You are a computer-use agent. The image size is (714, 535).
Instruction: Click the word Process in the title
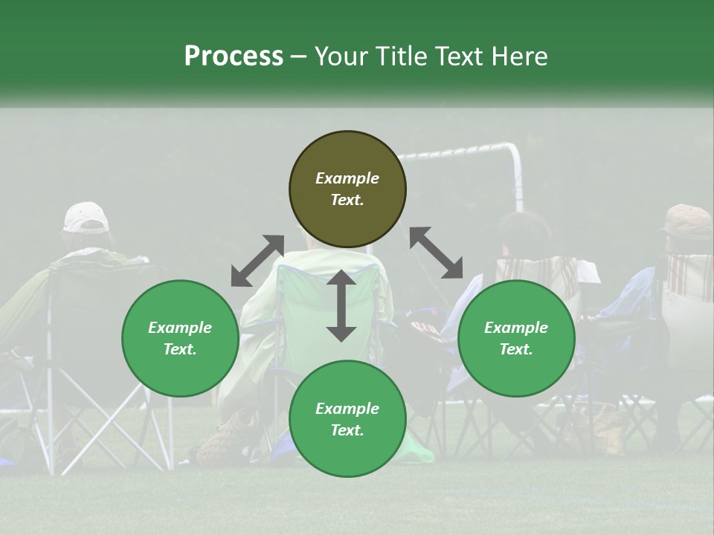[x=234, y=56]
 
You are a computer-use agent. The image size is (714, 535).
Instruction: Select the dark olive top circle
[x=347, y=189]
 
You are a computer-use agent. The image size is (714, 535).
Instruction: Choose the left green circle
[x=180, y=339]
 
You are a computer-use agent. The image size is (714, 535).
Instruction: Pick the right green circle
[x=516, y=339]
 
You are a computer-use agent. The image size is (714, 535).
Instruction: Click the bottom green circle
[x=347, y=419]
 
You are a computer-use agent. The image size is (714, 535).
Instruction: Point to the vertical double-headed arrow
[x=341, y=305]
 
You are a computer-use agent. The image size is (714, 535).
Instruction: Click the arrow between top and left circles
[x=257, y=261]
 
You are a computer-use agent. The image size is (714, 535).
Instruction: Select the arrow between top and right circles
[x=437, y=253]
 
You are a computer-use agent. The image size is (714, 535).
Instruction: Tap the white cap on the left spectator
[x=86, y=217]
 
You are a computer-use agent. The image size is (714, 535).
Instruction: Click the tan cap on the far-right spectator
[x=689, y=219]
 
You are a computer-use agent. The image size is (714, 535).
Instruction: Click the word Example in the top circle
[x=347, y=178]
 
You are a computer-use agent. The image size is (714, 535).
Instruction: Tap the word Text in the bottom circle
[x=346, y=430]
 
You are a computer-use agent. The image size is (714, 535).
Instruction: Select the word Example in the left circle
[x=180, y=328]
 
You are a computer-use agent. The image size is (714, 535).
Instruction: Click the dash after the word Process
[x=300, y=56]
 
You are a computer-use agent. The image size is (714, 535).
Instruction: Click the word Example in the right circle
[x=516, y=328]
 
